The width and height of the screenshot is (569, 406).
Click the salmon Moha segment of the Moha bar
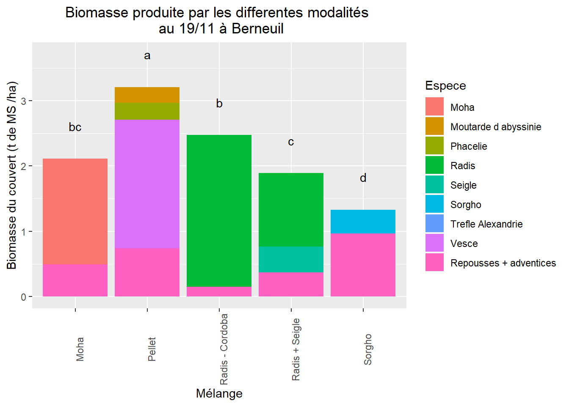point(75,211)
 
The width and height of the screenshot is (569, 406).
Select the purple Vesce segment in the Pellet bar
point(147,184)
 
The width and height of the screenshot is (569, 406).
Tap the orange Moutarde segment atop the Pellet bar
point(147,95)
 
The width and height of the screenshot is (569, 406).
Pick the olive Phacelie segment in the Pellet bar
point(147,111)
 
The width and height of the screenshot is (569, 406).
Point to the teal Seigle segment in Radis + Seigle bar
point(291,259)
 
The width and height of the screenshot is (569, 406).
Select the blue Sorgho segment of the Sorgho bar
point(363,221)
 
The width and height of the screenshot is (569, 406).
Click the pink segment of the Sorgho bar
point(363,265)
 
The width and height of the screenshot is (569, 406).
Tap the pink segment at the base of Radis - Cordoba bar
point(219,291)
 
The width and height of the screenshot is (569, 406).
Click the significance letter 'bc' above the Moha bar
point(75,127)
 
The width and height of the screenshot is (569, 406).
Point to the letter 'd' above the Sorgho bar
point(363,178)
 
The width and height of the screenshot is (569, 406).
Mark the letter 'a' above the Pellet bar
point(147,55)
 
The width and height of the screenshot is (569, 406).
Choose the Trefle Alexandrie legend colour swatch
point(434,224)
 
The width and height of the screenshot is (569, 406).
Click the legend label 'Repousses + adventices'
point(503,263)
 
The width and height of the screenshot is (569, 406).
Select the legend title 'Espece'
point(445,85)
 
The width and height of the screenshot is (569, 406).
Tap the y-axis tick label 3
point(24,101)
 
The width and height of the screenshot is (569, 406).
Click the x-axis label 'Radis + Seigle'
point(296,349)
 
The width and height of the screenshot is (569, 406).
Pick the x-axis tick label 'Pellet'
point(152,349)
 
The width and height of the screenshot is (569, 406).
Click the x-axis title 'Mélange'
point(219,393)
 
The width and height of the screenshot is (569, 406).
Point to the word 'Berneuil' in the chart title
point(257,29)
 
